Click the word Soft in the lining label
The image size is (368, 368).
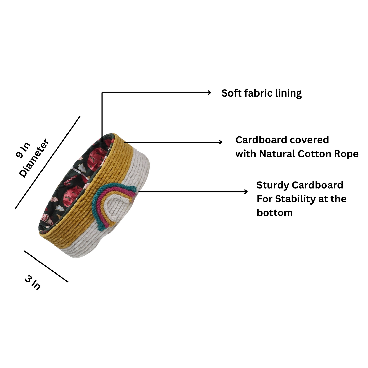(230, 93)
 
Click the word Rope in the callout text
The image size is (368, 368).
(347, 154)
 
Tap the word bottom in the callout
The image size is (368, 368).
(275, 213)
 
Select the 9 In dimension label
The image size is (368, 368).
(23, 150)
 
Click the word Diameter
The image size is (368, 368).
(34, 158)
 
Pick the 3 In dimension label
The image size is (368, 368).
(33, 283)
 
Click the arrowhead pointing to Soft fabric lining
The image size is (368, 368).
(209, 92)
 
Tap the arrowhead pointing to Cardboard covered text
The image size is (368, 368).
(220, 142)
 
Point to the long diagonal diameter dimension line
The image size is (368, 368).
(48, 162)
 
